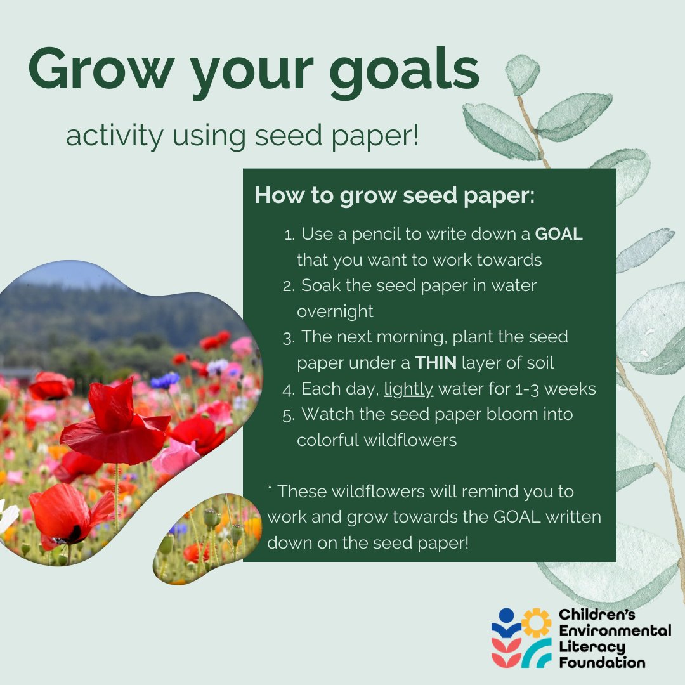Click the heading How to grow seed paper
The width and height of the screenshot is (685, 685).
395,195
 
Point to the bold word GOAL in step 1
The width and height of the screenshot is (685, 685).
559,234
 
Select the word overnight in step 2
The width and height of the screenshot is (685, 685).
335,311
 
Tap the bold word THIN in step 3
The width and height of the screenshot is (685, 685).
436,363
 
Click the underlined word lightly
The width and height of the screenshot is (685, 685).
408,389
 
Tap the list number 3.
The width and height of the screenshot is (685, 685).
289,337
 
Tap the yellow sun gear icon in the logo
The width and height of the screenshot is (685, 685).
537,622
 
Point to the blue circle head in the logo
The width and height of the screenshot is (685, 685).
506,615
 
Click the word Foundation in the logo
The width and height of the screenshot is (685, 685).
602,663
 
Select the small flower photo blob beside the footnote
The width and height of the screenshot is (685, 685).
206,539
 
